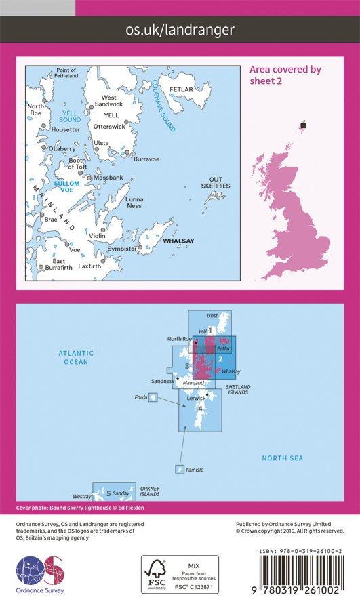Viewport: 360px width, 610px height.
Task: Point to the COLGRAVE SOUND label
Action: point(164,105)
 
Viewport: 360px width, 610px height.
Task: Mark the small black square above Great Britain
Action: point(304,125)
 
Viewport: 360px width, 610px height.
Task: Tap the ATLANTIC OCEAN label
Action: point(76,357)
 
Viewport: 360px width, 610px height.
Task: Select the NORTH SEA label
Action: point(283,459)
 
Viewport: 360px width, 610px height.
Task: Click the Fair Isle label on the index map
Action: point(195,470)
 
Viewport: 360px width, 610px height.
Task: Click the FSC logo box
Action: point(180,574)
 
